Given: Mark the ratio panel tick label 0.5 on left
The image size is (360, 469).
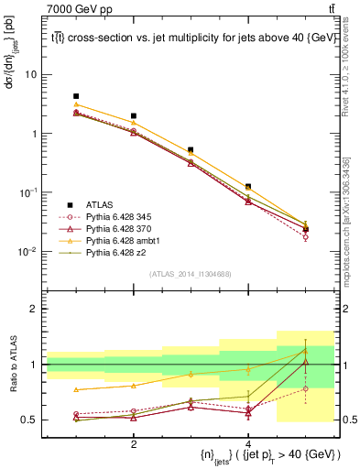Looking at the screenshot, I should [x=30, y=420].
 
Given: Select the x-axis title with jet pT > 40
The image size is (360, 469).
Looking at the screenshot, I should [x=260, y=455].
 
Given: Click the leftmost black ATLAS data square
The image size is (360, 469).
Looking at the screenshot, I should [x=76, y=96].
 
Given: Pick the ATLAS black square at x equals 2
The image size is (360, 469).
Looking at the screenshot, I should [x=134, y=116].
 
